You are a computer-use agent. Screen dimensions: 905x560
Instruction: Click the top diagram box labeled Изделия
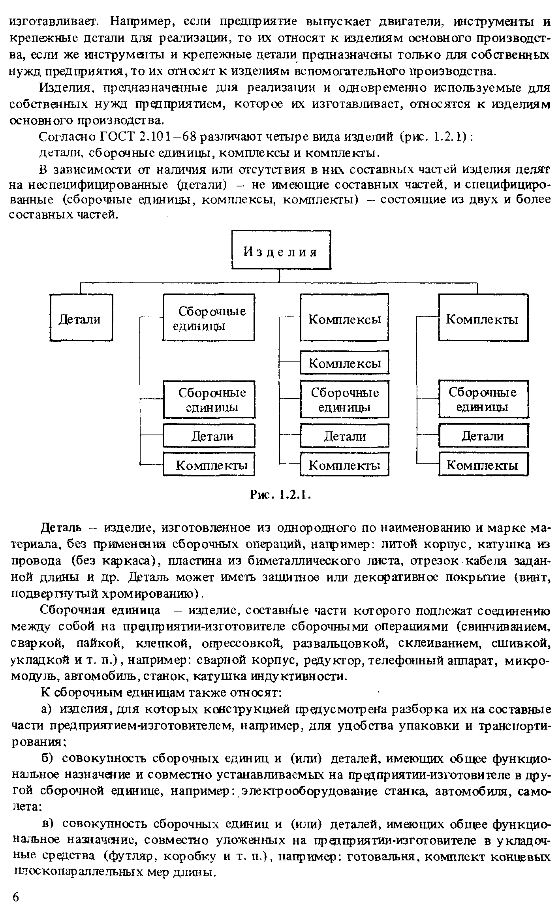tap(281, 250)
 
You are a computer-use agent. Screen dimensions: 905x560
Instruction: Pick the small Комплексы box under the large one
tap(344, 362)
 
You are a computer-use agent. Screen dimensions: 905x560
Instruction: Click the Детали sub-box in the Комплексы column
tap(344, 436)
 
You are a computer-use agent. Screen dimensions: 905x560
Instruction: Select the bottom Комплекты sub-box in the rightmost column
tap(483, 465)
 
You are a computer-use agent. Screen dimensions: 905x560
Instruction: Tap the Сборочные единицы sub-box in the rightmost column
tap(483, 399)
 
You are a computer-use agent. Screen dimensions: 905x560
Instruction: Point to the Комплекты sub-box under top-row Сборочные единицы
tap(209, 465)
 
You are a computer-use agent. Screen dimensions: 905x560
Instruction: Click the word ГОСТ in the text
tap(118, 137)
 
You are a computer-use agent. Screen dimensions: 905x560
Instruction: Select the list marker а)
tap(47, 709)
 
